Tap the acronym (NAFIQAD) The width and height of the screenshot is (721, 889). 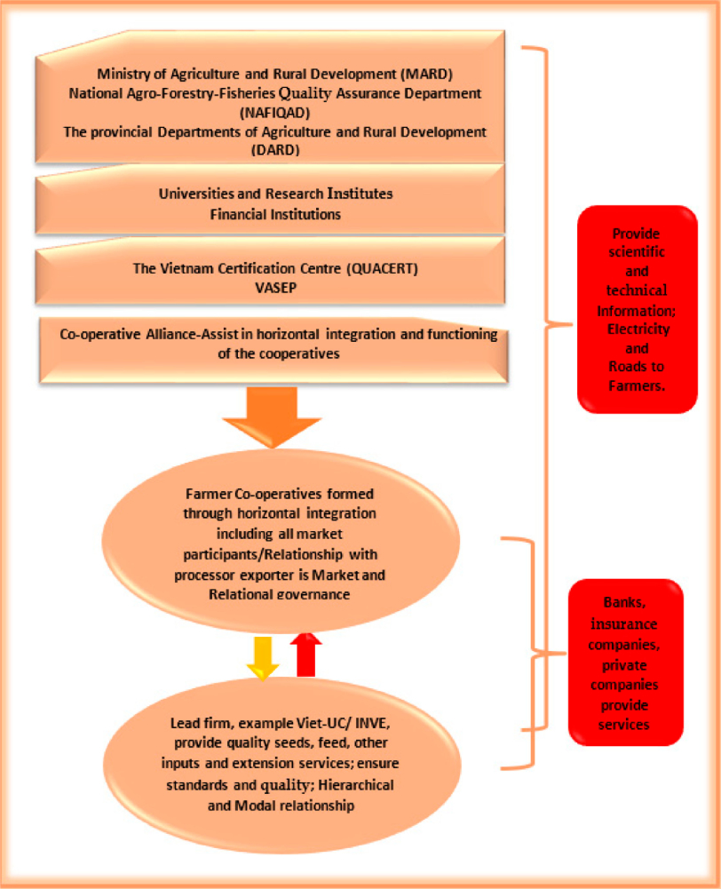coord(275,113)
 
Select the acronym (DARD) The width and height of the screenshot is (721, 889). coord(275,150)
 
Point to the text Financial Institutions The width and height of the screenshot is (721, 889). coord(275,214)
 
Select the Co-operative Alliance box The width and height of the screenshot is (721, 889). coord(277,345)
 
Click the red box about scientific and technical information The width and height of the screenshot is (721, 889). coord(638,309)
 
